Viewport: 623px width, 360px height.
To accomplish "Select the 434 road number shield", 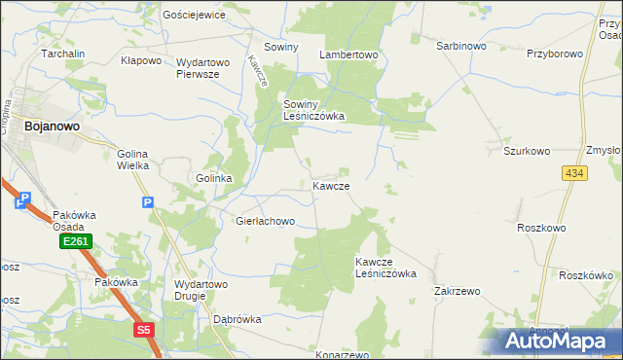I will (573, 172).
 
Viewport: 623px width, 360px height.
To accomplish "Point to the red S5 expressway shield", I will (144, 331).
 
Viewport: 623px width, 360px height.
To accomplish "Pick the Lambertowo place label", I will (349, 55).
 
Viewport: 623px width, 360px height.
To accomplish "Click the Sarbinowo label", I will (460, 46).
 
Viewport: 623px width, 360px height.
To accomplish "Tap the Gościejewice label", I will (195, 16).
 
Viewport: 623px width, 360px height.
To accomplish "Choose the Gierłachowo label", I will (265, 222).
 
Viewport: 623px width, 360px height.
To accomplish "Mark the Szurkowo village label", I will (527, 151).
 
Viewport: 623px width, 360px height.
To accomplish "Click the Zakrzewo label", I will (458, 291).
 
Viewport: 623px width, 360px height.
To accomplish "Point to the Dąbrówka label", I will (238, 319).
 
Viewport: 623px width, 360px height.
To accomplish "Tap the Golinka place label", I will (213, 179).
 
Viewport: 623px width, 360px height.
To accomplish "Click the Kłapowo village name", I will (140, 60).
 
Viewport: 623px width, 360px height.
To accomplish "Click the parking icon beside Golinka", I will (147, 202).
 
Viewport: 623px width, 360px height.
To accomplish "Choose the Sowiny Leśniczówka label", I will (313, 109).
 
